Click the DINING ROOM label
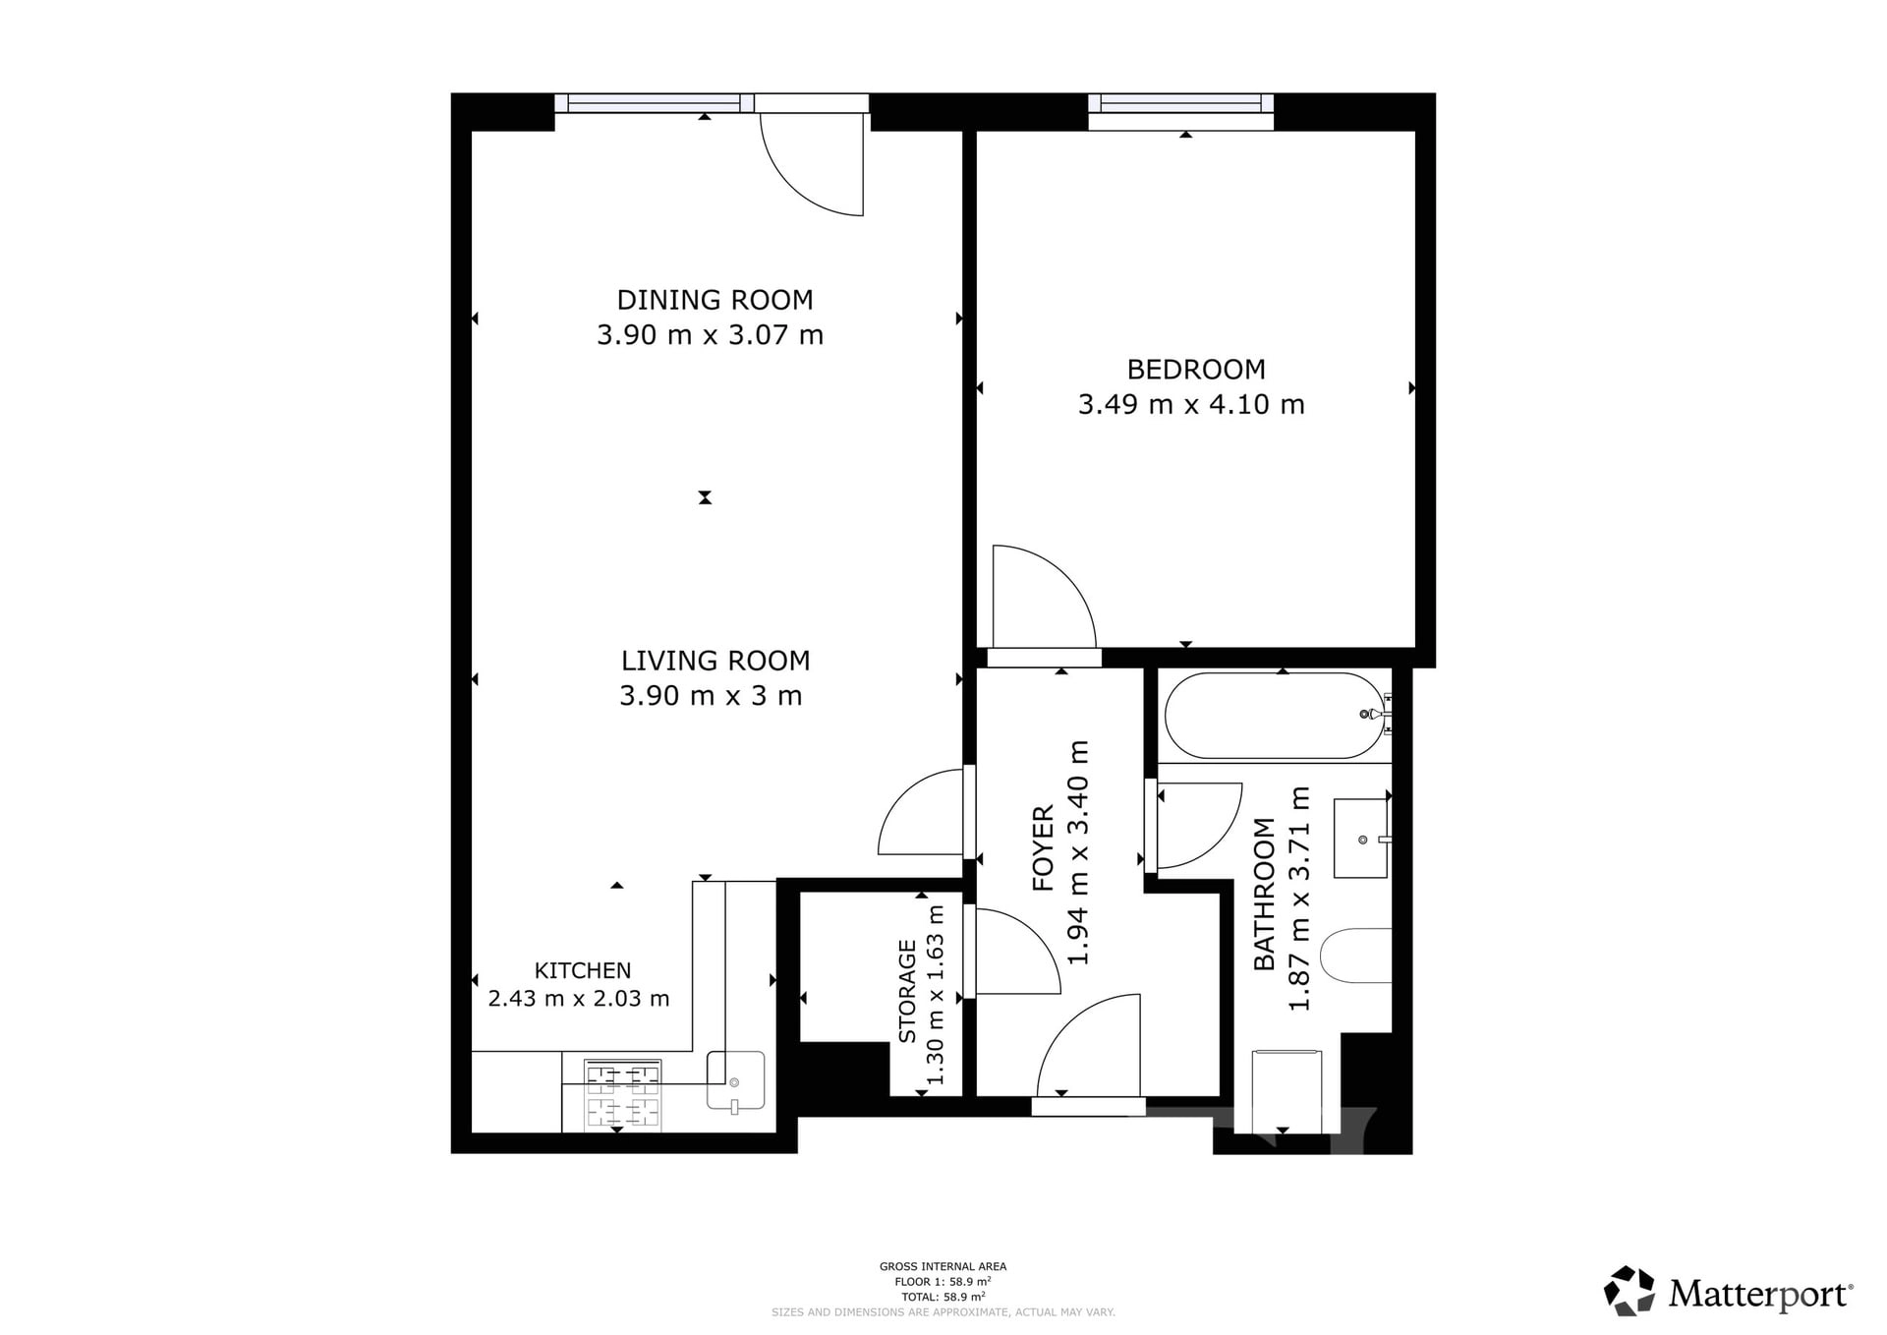pos(715,300)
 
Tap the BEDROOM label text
pos(1196,370)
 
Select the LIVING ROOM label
pos(715,661)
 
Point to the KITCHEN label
pos(583,970)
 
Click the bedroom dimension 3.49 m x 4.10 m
pos(1191,404)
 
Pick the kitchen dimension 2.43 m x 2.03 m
pos(579,999)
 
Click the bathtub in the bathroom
pos(1275,716)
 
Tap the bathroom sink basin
pos(1361,839)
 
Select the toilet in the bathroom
pos(1355,956)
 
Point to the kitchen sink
pos(735,1080)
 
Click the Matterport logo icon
pos(1630,1291)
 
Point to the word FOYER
pos(1044,848)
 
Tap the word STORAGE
pos(907,991)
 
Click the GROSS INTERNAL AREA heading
pos(943,1267)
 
